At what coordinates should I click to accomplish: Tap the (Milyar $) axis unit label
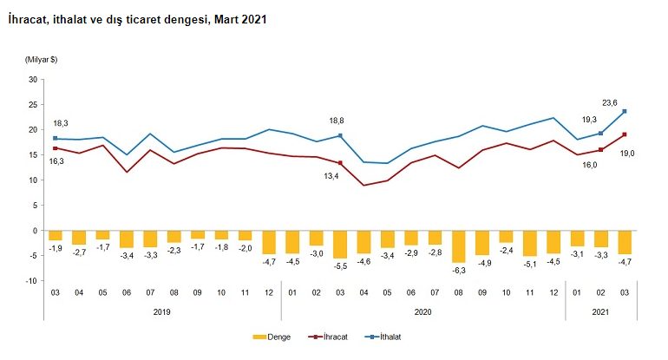coord(41,59)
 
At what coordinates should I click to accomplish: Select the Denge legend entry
coord(272,337)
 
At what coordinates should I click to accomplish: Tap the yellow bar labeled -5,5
coord(340,245)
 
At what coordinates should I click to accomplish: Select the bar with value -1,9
coord(56,235)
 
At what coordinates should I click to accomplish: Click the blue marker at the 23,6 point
coord(625,111)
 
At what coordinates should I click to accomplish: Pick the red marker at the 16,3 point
coord(56,148)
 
